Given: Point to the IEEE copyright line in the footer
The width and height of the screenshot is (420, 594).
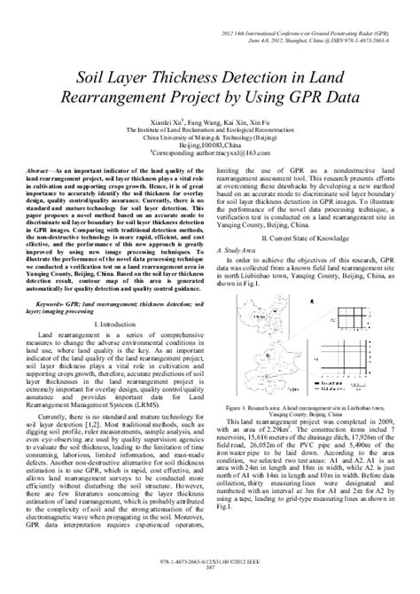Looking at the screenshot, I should click(210, 574).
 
